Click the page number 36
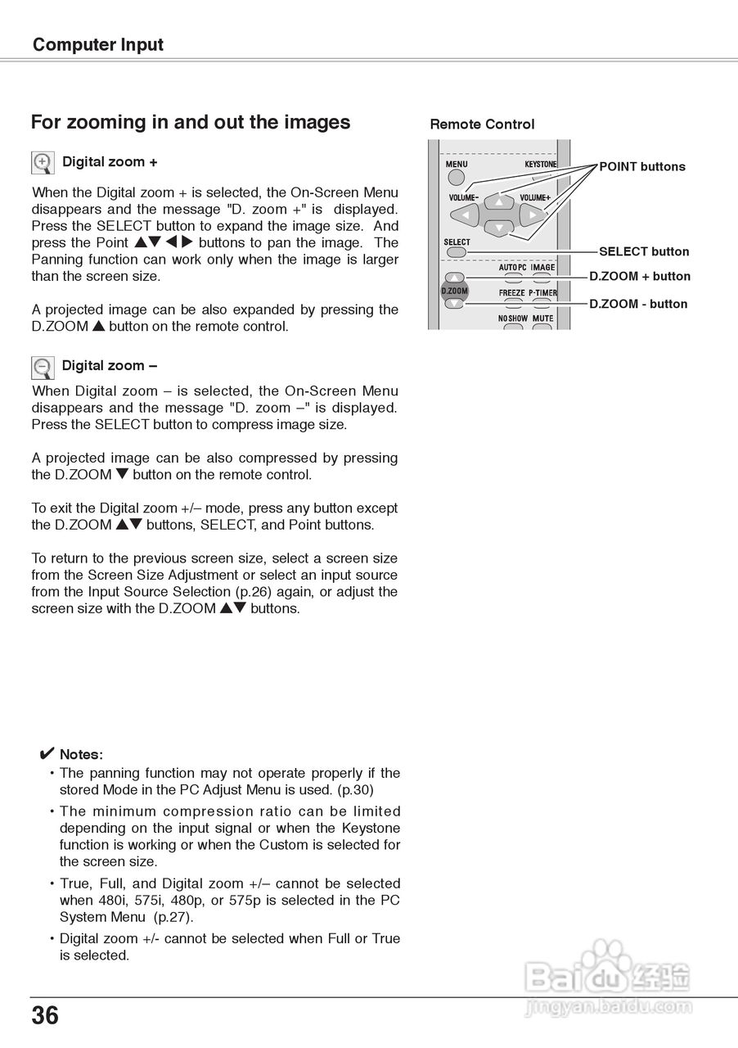point(45,1016)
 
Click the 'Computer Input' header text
point(98,45)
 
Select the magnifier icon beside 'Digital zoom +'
point(43,163)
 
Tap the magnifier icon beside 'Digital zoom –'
point(43,367)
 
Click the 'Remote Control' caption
point(482,124)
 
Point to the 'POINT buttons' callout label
point(642,167)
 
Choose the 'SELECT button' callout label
point(644,251)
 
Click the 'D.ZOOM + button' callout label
point(640,277)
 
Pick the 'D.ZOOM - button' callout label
point(638,304)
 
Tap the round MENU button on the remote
point(457,177)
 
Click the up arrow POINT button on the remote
point(498,201)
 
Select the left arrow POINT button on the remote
point(466,215)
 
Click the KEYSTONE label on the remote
point(541,165)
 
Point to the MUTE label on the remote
point(542,318)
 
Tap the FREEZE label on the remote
point(512,293)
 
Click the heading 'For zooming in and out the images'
point(191,123)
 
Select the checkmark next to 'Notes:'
point(47,753)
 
